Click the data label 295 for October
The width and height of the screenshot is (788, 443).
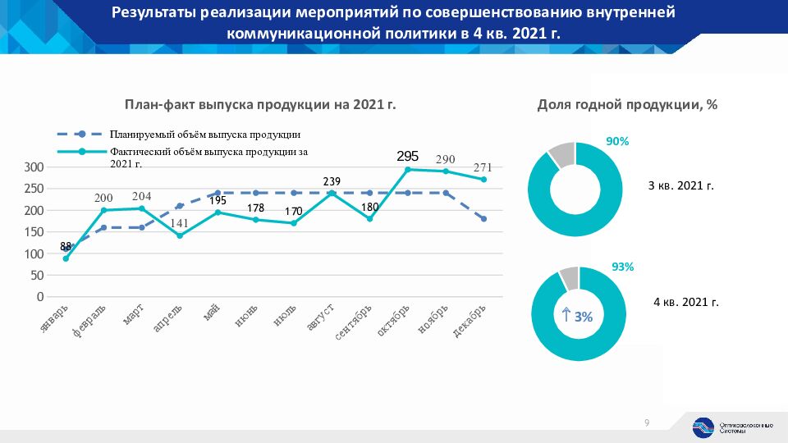pos(408,156)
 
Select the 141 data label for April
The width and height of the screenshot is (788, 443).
pos(180,221)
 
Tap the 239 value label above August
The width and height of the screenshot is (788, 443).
pos(332,181)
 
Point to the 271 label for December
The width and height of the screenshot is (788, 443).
pos(483,168)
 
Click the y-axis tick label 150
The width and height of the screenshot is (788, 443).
pos(34,232)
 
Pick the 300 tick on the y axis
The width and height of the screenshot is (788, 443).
pos(34,167)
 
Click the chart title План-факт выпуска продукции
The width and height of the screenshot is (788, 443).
pos(259,105)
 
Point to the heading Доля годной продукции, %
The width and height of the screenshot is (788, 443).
pos(628,105)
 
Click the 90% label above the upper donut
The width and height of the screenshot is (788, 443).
pos(617,141)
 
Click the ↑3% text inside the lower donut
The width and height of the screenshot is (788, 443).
pos(578,315)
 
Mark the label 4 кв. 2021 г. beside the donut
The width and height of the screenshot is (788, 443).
pos(685,302)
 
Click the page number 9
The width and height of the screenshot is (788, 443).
pos(647,423)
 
